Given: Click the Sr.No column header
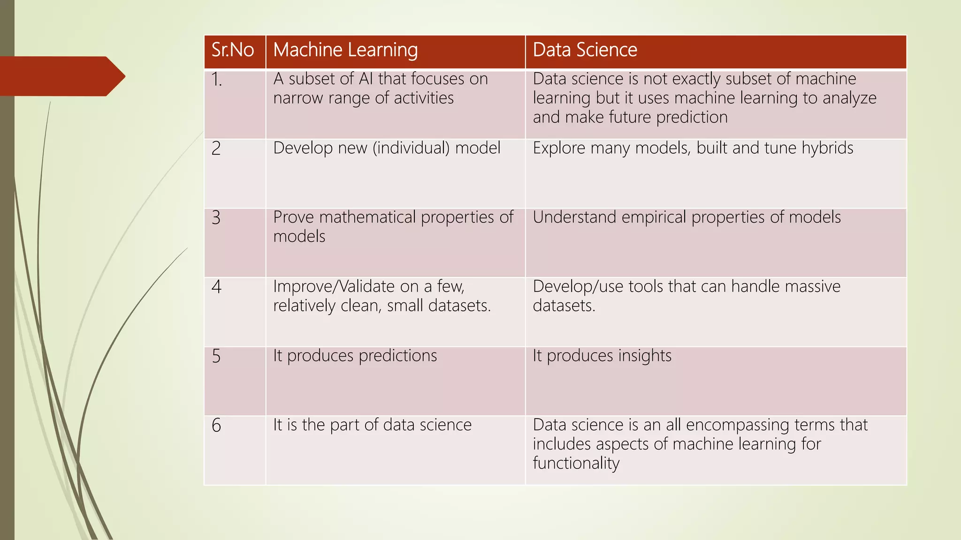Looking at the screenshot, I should pyautogui.click(x=233, y=50).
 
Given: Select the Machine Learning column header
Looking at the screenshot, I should pyautogui.click(x=345, y=50).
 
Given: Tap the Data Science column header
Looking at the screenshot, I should pyautogui.click(x=585, y=50).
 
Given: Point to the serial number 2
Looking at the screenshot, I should pyautogui.click(x=216, y=149).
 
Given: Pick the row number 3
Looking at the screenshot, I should pyautogui.click(x=216, y=218).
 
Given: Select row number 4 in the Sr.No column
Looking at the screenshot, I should pyautogui.click(x=216, y=287).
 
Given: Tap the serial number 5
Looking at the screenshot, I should pyautogui.click(x=216, y=356).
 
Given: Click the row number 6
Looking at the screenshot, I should pyautogui.click(x=216, y=426).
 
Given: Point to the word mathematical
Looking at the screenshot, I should pyautogui.click(x=367, y=217).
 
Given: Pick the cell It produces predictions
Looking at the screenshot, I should pyautogui.click(x=355, y=356).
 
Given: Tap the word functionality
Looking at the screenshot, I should pyautogui.click(x=576, y=464).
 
